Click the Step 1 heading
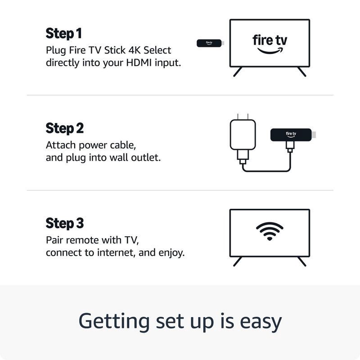pos(64,33)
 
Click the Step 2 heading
pos(65,128)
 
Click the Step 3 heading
pos(65,223)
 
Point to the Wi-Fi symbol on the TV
pos(270,231)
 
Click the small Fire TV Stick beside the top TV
pos(210,43)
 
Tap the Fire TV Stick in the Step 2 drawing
pos(291,134)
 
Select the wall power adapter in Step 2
pos(243,135)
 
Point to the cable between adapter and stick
pos(265,171)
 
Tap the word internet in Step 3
pos(117,252)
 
